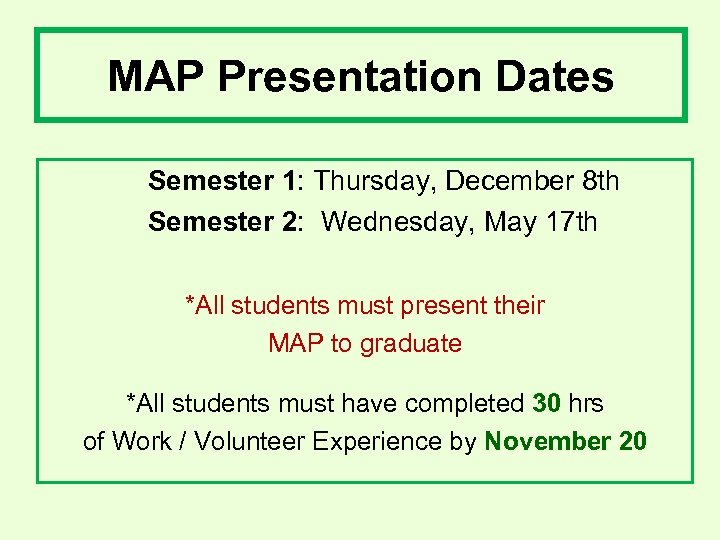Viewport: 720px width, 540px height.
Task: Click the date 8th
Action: tap(599, 181)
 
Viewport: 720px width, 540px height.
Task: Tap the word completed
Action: tap(465, 403)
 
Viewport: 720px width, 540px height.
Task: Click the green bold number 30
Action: tap(546, 403)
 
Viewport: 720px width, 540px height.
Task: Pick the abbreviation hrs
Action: tap(586, 403)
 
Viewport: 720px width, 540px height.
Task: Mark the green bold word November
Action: tap(547, 441)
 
